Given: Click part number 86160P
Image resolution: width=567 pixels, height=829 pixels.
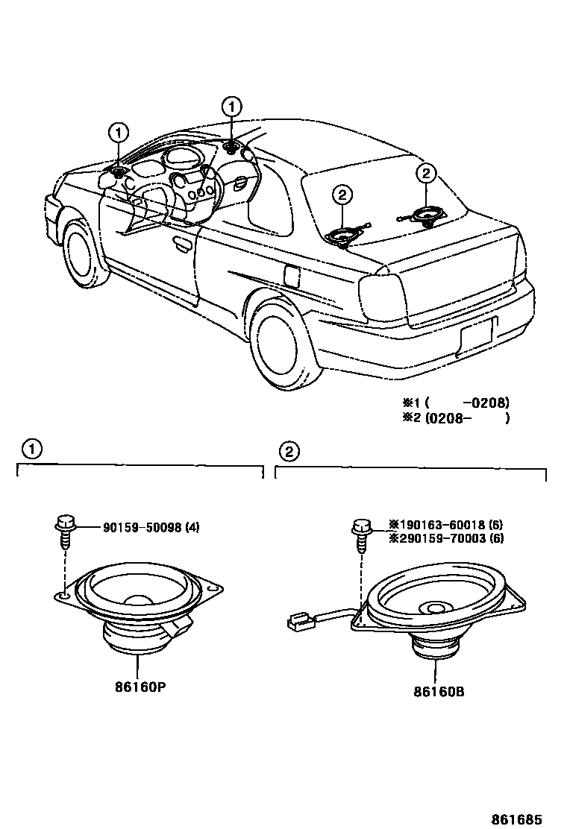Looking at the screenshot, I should (140, 687).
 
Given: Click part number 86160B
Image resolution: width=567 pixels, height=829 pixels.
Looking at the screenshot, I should (439, 691).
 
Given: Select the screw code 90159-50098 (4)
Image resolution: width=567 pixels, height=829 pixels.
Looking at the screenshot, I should (151, 529).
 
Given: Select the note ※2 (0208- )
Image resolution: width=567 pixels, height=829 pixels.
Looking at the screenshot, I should (456, 418).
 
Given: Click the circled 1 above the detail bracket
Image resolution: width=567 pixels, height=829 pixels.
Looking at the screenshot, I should (31, 449).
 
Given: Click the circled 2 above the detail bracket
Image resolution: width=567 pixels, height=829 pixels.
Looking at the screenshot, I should (289, 451).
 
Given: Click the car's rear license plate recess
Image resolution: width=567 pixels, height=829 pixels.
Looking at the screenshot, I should (477, 335).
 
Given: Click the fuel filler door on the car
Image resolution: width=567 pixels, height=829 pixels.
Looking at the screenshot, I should (293, 277).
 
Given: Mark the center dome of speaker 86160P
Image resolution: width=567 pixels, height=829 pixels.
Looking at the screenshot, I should (137, 600).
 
